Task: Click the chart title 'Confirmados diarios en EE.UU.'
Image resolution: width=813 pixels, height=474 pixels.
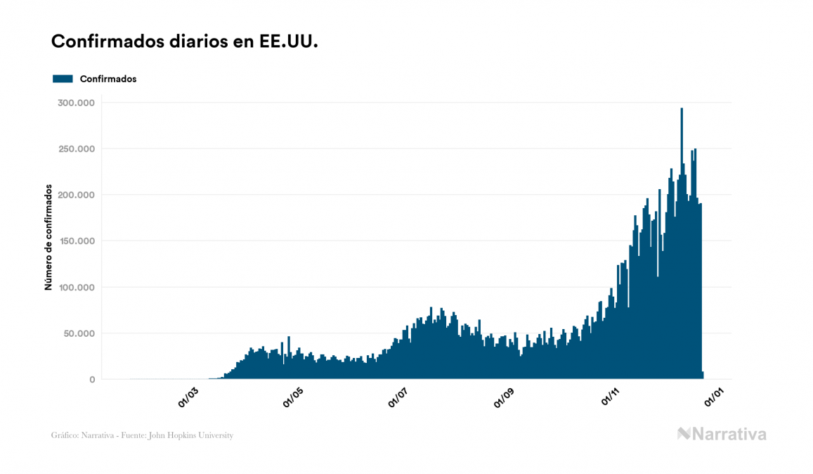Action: click(185, 41)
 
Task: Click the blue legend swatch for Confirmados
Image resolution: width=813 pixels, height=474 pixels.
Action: click(63, 79)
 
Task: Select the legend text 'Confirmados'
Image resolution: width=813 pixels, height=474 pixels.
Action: click(108, 79)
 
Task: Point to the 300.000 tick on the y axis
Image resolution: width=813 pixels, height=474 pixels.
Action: click(77, 103)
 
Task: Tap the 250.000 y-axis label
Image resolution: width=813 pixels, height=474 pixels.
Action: click(77, 149)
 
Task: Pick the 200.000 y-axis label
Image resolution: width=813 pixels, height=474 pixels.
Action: click(77, 195)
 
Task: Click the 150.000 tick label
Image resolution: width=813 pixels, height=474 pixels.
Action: click(77, 241)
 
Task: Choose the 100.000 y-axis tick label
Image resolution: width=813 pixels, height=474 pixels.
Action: click(77, 288)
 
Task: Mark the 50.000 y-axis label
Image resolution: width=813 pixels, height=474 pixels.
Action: click(79, 333)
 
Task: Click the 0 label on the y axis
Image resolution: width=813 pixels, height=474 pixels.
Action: click(91, 380)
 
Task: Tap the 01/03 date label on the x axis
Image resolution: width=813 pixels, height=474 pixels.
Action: click(188, 397)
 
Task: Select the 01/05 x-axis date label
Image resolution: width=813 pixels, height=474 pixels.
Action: click(293, 397)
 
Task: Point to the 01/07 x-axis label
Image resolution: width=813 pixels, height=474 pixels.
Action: click(398, 397)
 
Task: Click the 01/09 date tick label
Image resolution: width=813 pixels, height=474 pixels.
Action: click(505, 397)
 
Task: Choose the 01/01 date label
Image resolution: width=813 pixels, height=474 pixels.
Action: click(715, 397)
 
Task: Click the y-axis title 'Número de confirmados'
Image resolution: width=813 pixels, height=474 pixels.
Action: click(48, 238)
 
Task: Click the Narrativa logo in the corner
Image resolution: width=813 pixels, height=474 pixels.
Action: click(722, 434)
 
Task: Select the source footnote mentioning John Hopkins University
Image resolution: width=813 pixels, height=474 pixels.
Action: click(142, 435)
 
